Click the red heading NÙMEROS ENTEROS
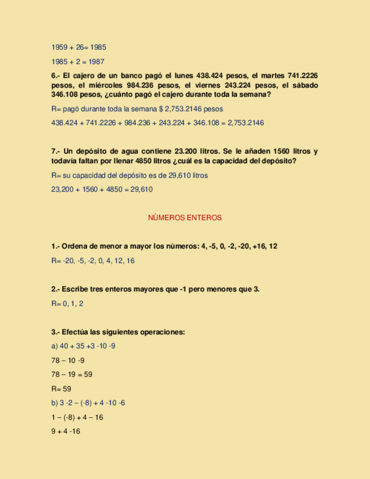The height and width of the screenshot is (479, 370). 185,217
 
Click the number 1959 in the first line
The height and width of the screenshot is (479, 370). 59,47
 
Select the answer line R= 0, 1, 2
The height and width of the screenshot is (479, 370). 67,304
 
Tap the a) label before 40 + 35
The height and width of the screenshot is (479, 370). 54,346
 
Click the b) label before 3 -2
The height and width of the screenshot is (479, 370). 54,403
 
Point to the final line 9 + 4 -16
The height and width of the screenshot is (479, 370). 66,432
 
